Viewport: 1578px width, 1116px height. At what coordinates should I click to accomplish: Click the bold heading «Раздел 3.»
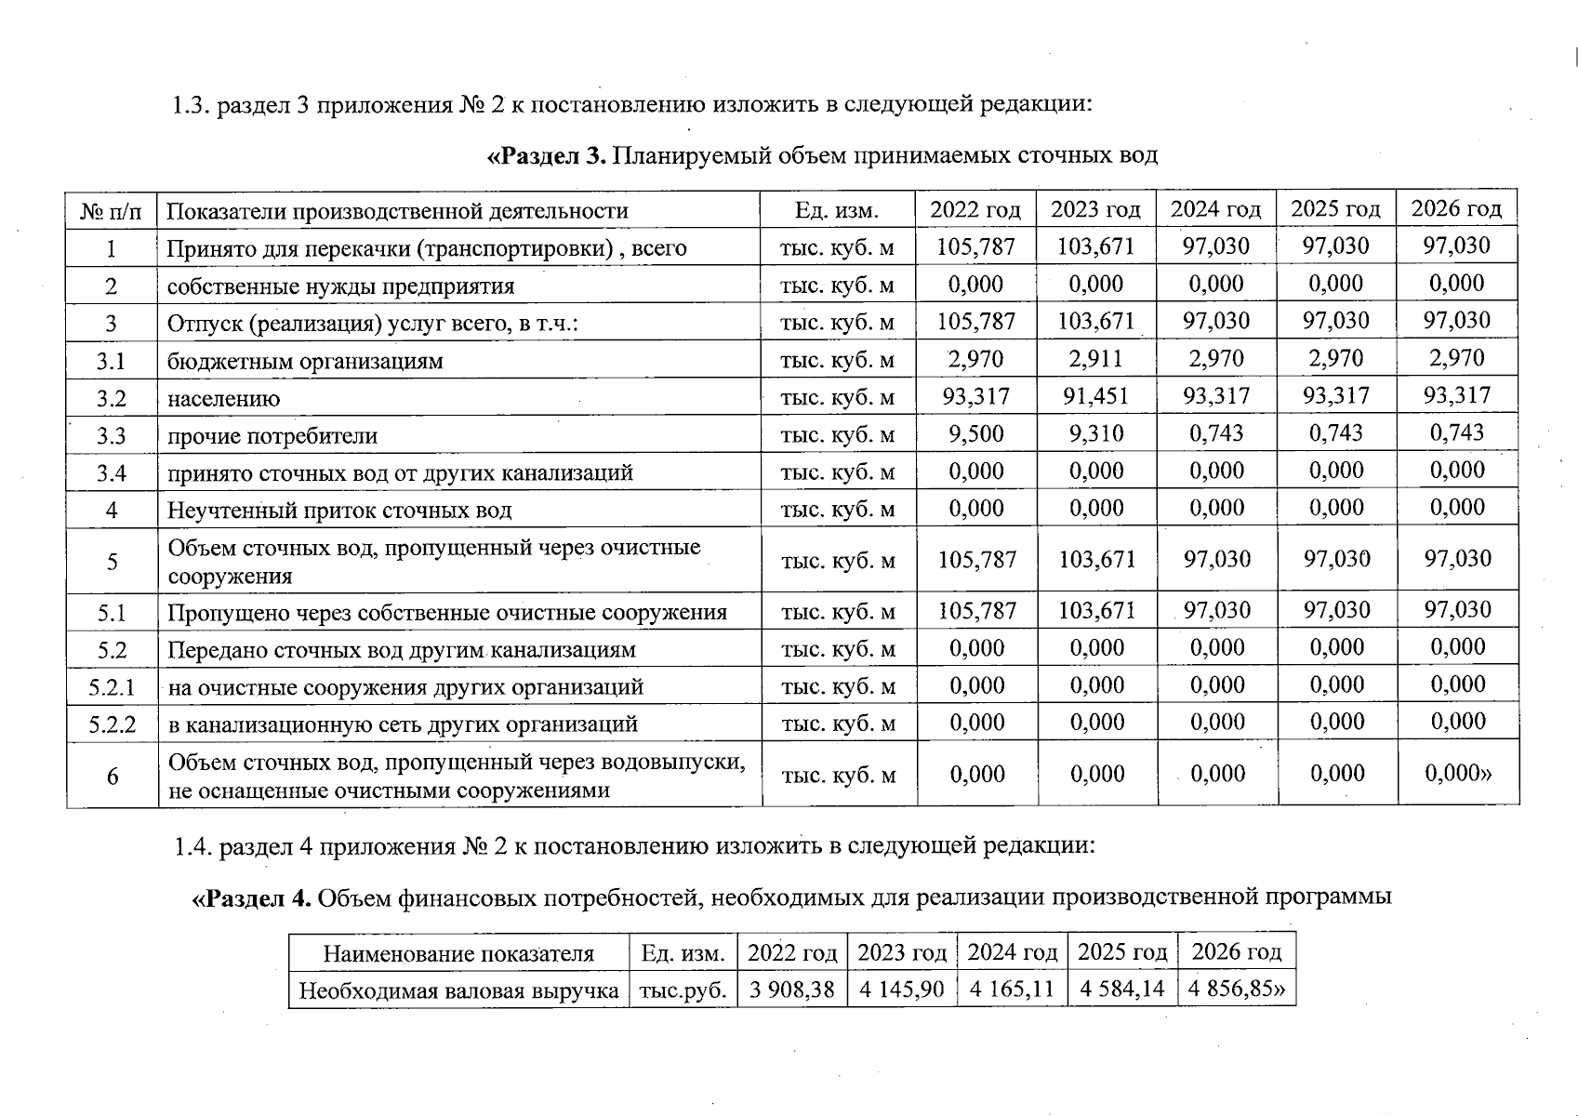(x=547, y=155)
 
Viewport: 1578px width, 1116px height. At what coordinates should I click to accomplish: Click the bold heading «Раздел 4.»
(x=251, y=898)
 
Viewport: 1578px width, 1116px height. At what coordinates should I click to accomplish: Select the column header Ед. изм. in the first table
(x=837, y=210)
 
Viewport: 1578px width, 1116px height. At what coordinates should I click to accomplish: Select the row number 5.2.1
(x=112, y=687)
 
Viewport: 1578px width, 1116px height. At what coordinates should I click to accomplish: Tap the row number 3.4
(x=112, y=473)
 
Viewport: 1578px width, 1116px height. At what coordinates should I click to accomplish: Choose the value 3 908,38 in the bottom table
(x=791, y=989)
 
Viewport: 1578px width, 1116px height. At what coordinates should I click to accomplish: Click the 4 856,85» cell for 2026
(x=1236, y=989)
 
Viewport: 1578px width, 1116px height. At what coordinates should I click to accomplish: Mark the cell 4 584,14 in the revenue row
(x=1121, y=989)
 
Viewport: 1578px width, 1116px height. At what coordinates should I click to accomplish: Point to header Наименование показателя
(x=457, y=954)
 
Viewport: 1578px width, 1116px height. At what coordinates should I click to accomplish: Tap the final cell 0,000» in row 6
(x=1457, y=774)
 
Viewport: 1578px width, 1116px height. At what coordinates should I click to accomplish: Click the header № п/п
(x=112, y=211)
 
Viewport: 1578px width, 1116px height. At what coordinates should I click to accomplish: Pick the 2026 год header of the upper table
(x=1456, y=209)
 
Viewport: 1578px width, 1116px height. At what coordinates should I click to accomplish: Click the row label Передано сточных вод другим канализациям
(x=401, y=650)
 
